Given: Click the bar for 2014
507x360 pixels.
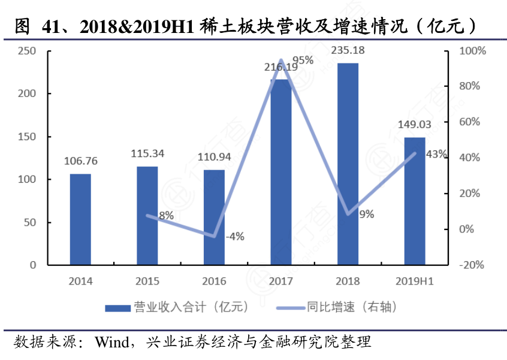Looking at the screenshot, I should (x=80, y=219).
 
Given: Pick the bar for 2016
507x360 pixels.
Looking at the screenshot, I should (x=214, y=217).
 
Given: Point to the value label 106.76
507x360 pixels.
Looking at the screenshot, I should (x=80, y=161).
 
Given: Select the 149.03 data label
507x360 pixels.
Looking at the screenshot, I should (x=415, y=125).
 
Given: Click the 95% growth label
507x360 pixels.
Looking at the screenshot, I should (x=303, y=60).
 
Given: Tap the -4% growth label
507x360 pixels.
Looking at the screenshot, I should (x=234, y=236).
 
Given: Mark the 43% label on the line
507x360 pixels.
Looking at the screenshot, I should (x=436, y=155).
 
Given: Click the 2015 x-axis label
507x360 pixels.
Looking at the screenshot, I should (x=147, y=281).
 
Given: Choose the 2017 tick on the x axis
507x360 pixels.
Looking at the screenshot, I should (x=281, y=281).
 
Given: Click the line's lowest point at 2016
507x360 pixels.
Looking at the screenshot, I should (x=214, y=236).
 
